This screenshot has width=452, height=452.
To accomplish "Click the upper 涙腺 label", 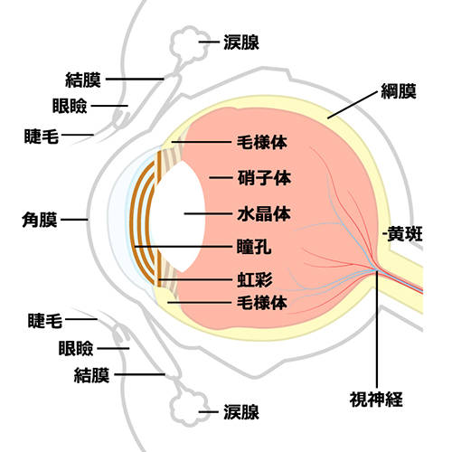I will [241, 42].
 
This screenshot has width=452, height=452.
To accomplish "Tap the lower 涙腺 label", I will [241, 412].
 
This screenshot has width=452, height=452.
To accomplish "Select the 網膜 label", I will [398, 91].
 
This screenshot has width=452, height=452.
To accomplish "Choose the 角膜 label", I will [40, 219].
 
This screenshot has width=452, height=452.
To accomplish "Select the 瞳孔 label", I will [254, 245].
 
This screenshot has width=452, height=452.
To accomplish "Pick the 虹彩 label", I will [254, 277].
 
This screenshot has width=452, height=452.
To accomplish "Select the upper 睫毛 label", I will [41, 137].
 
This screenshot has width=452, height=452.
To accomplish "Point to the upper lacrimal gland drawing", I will [190, 42].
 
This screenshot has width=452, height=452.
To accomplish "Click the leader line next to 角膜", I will [75, 220].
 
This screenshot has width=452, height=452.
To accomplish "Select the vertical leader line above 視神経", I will [377, 325].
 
